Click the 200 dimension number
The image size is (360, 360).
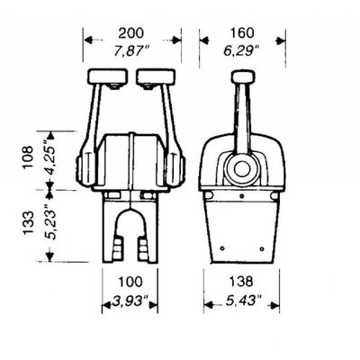point(130,33)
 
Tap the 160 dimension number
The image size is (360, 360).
point(242,33)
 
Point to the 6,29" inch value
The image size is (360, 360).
point(241,51)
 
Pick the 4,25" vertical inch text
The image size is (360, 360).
point(48,157)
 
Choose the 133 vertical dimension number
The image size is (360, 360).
point(29,223)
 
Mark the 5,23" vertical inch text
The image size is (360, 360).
point(49,221)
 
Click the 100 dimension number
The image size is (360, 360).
point(130,282)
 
